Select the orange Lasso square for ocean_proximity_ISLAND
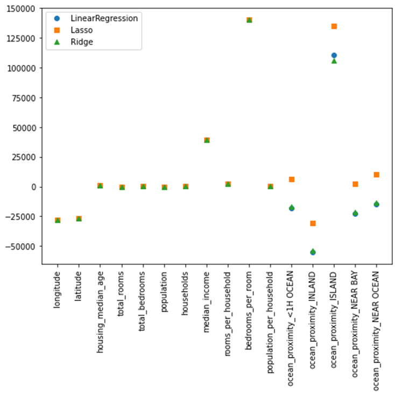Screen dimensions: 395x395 coord(334,26)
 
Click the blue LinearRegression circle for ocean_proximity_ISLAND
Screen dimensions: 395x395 coord(334,55)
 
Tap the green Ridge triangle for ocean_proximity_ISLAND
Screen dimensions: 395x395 coord(334,61)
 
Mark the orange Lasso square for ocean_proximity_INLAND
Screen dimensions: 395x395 coord(313,223)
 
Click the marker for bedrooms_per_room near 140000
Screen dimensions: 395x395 coord(249,20)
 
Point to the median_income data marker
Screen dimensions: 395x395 coord(207,140)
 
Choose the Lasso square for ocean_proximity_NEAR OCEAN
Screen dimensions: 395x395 coord(376,175)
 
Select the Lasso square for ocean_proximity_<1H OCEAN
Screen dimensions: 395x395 coord(292,179)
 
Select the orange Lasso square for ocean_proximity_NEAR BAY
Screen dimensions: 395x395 coord(355,184)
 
